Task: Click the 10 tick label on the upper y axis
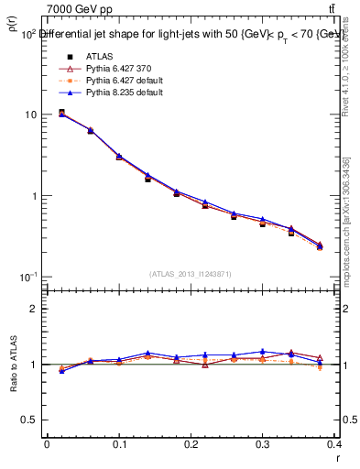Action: click(30, 115)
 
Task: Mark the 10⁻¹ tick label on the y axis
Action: click(27, 276)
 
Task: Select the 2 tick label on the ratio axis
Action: click(35, 309)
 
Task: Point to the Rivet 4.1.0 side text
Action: click(347, 78)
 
